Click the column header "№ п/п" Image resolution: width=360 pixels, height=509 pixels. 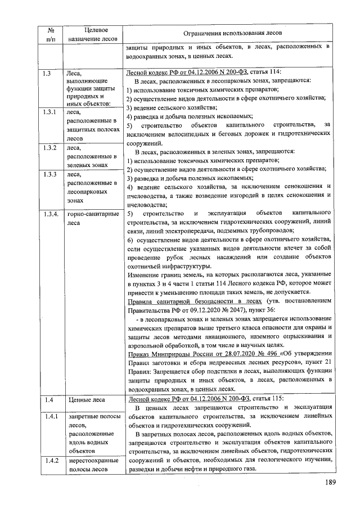click(x=50, y=34)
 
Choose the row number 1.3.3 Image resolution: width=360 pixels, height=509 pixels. click(x=49, y=174)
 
